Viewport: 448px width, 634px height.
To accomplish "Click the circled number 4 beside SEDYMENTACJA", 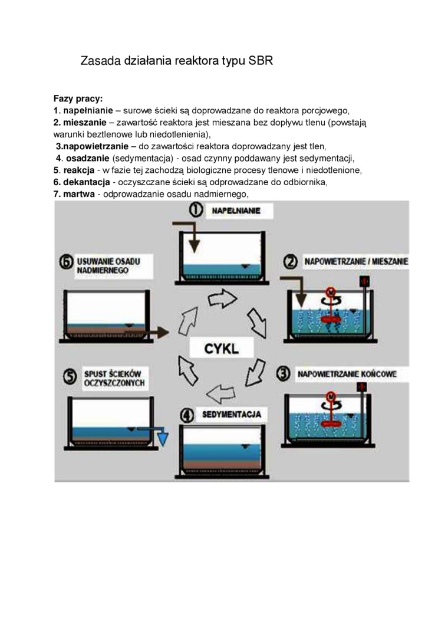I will tap(187, 415).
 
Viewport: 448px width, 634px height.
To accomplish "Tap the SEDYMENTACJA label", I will tap(232, 415).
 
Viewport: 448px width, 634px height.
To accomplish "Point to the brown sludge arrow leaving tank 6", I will tap(157, 333).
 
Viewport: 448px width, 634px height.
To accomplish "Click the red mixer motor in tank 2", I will tap(332, 293).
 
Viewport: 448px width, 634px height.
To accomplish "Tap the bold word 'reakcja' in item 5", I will tap(78, 170).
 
